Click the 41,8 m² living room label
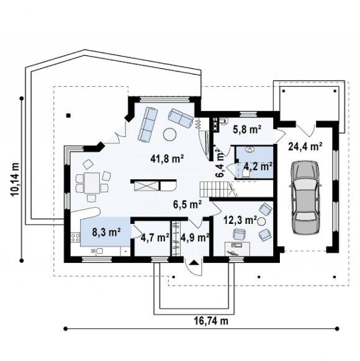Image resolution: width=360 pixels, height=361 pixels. [167, 159]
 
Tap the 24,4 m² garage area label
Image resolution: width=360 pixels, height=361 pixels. [305, 146]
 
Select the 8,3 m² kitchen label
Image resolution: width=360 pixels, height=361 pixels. [106, 232]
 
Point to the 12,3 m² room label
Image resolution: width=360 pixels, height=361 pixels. [240, 220]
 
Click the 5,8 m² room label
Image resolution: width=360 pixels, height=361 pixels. [247, 130]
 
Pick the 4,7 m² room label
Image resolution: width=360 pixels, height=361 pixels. [155, 238]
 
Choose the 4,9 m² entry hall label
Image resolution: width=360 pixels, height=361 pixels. [195, 238]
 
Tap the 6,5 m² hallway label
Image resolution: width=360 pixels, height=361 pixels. [187, 204]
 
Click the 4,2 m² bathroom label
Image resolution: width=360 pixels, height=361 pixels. [258, 166]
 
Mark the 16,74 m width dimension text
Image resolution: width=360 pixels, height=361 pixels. [211, 321]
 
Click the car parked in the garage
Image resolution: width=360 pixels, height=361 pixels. [305, 197]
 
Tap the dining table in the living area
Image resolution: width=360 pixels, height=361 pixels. [92, 183]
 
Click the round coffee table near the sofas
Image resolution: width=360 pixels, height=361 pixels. [170, 134]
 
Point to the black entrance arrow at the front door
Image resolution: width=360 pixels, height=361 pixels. [194, 262]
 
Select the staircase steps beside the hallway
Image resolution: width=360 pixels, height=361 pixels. [215, 189]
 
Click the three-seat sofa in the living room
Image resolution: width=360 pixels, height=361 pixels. [148, 124]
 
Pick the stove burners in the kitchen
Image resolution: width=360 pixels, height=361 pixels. [75, 238]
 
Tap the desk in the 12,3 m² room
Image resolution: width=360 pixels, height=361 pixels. [238, 248]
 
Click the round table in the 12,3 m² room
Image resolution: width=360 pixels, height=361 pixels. [261, 221]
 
